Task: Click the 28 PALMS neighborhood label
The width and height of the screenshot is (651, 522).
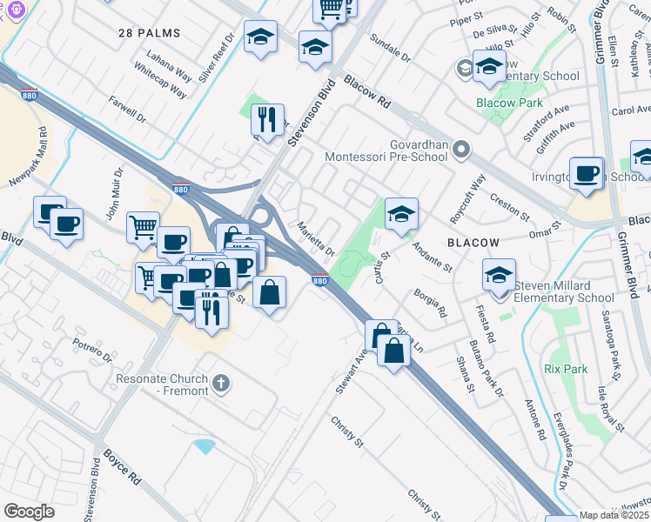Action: pos(149,33)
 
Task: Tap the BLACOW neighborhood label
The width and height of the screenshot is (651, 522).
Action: pos(473,243)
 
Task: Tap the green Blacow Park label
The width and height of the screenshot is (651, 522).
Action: pos(509,103)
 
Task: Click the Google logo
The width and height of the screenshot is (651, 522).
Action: pos(30,512)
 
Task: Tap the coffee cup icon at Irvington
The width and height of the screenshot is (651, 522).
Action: pos(587,172)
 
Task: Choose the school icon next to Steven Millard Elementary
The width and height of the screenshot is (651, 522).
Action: pos(500,275)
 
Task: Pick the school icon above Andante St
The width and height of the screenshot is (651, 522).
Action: pos(401,213)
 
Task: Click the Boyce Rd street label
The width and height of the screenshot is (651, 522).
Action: pos(122,466)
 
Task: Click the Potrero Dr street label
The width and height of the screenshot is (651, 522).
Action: pos(92,351)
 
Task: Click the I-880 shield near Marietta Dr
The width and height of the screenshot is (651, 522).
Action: pos(319,280)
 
